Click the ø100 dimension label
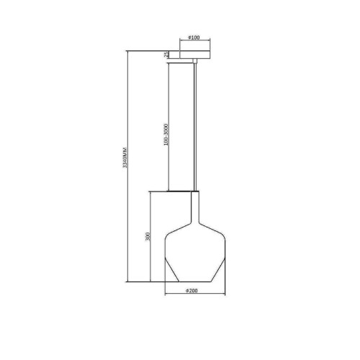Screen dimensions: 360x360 click(x=194, y=37)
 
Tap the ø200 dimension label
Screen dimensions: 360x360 click(x=192, y=291)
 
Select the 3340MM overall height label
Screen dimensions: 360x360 click(x=125, y=158)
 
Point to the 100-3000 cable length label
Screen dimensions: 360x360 click(x=166, y=135)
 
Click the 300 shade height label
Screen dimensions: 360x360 click(x=148, y=237)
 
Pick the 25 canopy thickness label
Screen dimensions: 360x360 click(x=166, y=55)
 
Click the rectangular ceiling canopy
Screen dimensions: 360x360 click(x=195, y=55)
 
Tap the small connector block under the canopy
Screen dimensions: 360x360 click(x=195, y=60)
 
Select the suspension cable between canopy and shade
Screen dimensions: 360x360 click(x=195, y=127)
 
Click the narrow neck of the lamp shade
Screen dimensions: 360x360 click(x=195, y=207)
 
